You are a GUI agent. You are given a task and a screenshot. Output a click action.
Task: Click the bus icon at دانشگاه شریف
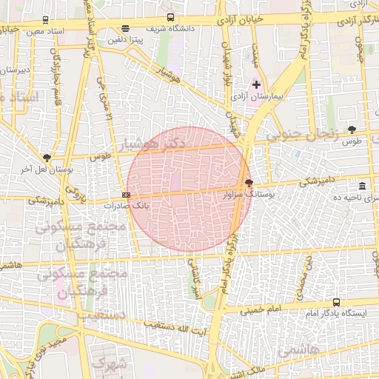coord(171,17)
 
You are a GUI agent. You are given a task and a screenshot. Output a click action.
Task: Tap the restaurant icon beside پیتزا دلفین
coord(124,30)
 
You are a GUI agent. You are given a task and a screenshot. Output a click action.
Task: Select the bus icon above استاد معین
coord(47,21)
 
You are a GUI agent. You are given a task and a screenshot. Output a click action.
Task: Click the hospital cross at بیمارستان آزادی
coord(256,85)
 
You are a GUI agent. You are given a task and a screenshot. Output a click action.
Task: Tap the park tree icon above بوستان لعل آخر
coord(47,158)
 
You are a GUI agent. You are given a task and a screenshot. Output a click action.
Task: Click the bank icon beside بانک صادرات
coord(127,195)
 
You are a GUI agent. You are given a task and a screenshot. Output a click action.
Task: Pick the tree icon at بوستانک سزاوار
coord(249,183)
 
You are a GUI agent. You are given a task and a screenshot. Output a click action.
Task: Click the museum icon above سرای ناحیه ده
coord(361,186)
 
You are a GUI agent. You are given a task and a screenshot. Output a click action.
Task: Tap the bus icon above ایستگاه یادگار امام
coord(336,303)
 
